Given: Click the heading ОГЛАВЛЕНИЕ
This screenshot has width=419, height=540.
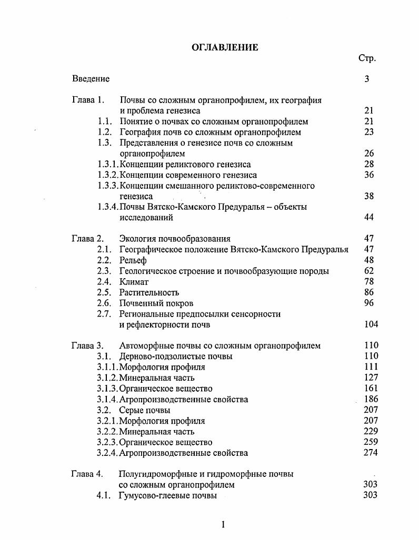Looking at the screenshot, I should (x=224, y=47).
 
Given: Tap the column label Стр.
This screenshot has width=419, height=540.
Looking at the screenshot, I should (x=367, y=58).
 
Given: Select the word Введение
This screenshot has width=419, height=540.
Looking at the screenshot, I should (x=91, y=79).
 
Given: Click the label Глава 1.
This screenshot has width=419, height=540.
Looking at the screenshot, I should (x=88, y=100).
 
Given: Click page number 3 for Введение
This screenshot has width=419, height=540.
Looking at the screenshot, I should (x=366, y=79).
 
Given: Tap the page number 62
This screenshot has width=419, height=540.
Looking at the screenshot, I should (x=368, y=271).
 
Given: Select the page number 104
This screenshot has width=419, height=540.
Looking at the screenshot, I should (x=371, y=324).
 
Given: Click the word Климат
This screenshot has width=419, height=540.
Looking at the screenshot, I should (x=134, y=282).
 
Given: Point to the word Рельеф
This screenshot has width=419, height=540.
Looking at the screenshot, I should (x=133, y=260).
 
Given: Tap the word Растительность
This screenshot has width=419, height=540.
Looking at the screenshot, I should (x=149, y=292).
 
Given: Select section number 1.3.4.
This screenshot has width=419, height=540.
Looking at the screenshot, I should (x=108, y=207).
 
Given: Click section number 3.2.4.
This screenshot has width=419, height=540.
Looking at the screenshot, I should (x=107, y=453).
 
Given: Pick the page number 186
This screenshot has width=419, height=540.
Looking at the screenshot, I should (x=371, y=399).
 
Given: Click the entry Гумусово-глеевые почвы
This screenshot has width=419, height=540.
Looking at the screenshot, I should (x=168, y=495).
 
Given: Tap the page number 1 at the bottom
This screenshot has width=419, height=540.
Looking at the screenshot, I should (x=223, y=524).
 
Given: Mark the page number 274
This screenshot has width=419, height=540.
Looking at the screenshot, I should (x=371, y=453).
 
